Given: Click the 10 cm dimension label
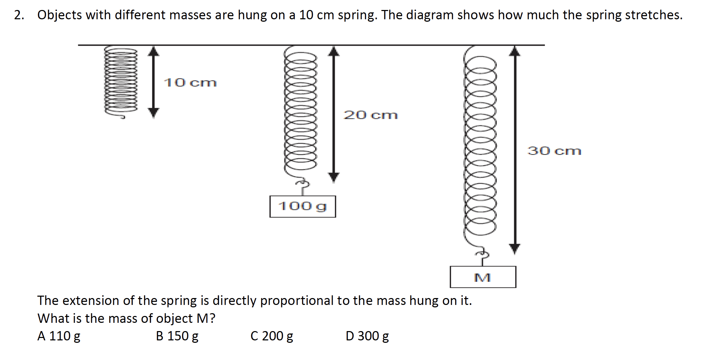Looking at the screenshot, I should point(190,83).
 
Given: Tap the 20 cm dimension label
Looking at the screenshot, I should point(371,115).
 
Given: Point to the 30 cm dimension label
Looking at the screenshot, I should point(554,151).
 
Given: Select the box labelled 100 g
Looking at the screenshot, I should point(302,207).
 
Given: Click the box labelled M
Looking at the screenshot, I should point(483,277).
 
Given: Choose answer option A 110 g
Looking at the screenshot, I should point(59,336).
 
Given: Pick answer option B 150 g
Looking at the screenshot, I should point(177,336).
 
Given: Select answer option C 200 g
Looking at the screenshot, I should point(272,336).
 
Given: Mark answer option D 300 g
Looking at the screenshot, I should point(367,336).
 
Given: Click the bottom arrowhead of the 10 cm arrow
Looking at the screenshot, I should point(154,113).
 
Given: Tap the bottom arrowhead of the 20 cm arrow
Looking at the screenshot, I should point(333,177).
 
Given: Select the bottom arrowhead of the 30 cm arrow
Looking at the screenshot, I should point(515,248).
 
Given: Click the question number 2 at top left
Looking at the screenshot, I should point(19,15).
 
